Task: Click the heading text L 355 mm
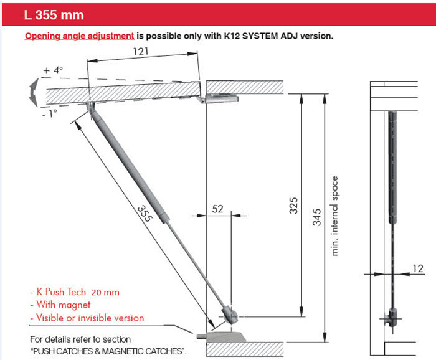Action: click(54, 14)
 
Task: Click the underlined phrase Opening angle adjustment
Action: click(79, 36)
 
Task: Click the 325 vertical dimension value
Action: click(294, 205)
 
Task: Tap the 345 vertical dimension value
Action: click(317, 219)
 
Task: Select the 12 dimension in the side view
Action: click(418, 268)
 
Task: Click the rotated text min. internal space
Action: click(335, 216)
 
